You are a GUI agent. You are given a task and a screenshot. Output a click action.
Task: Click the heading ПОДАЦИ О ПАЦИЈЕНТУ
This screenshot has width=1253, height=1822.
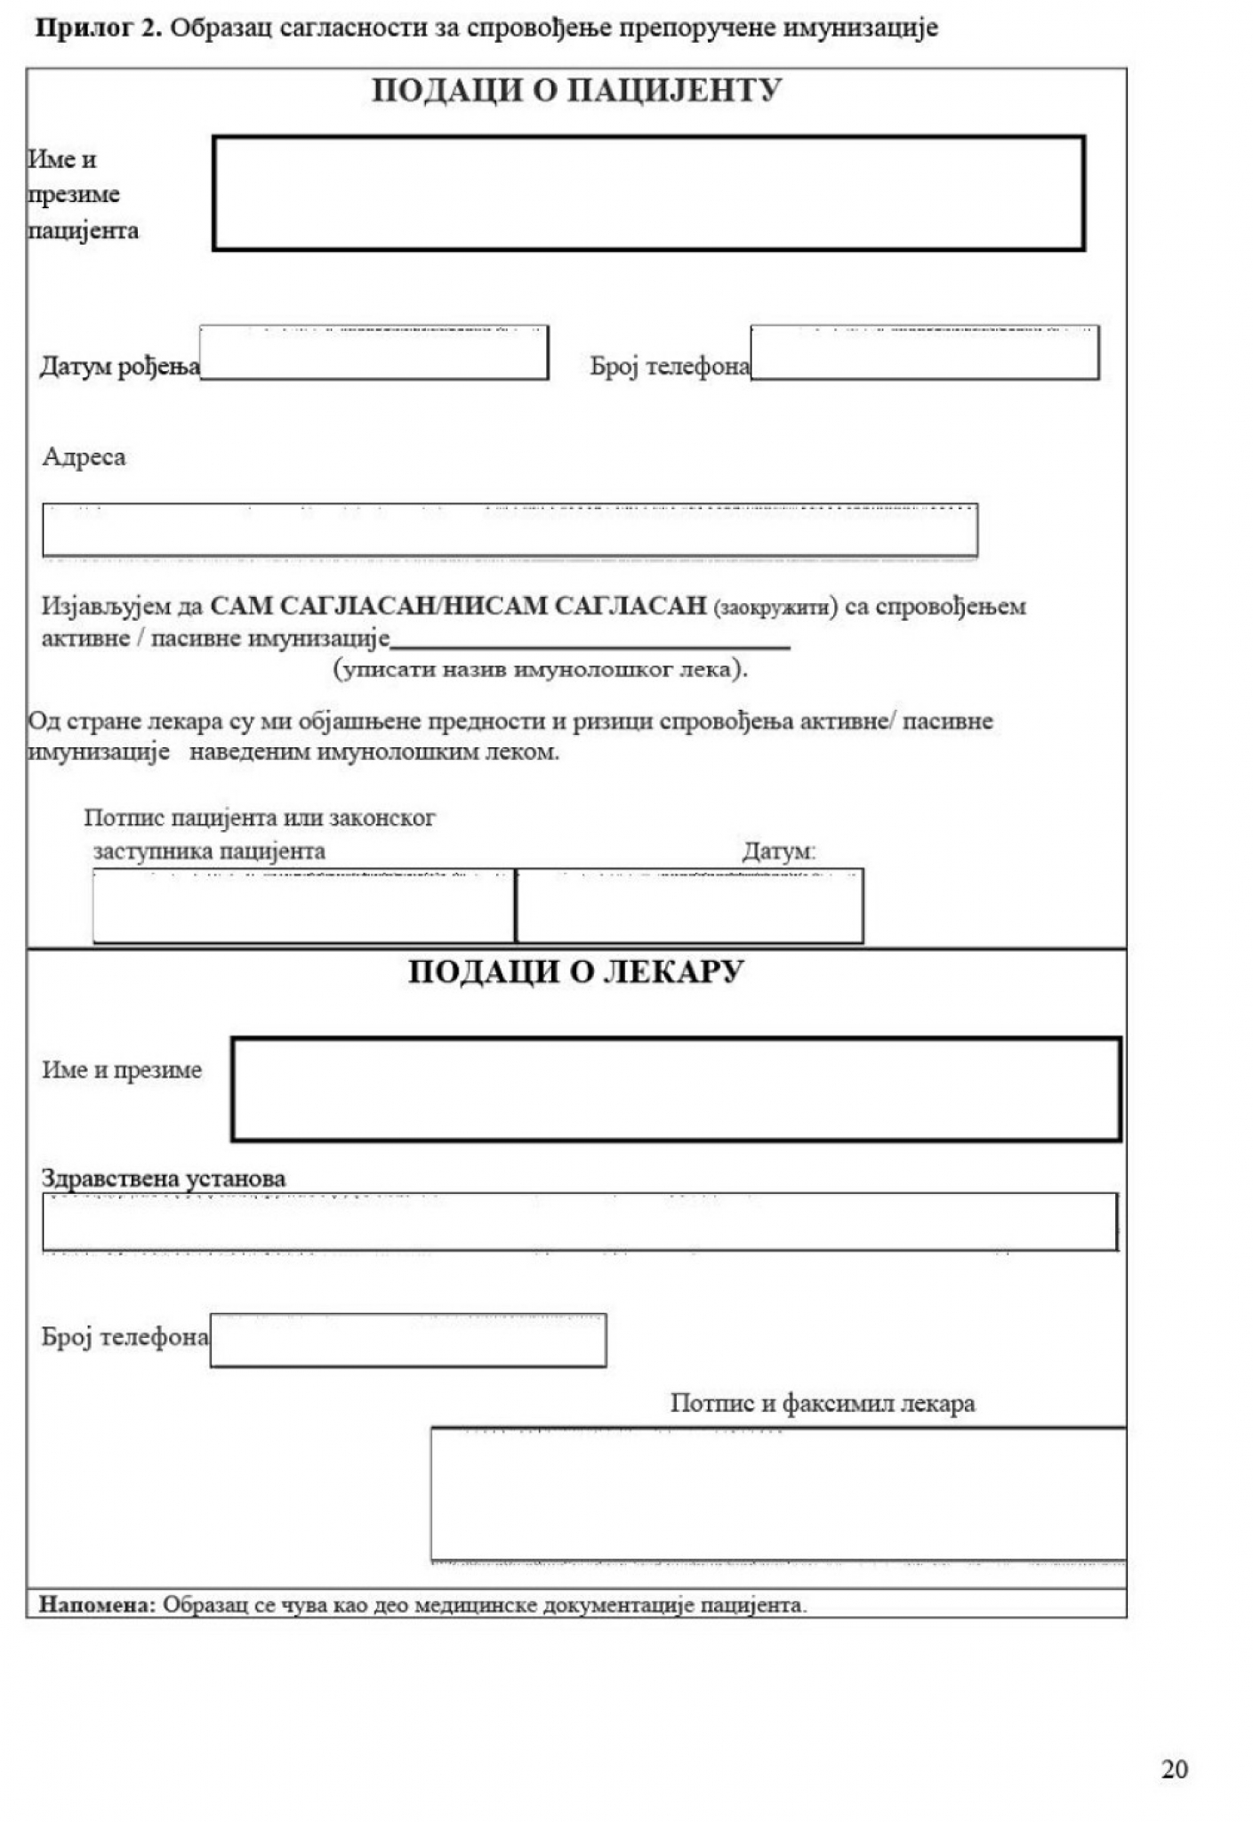pyautogui.click(x=575, y=92)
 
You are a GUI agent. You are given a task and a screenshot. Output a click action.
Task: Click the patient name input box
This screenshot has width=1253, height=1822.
pyautogui.click(x=648, y=193)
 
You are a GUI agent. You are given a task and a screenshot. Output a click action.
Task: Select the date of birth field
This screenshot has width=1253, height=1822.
pyautogui.click(x=373, y=353)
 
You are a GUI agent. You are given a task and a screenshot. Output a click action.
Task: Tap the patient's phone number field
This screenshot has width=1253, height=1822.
pyautogui.click(x=924, y=353)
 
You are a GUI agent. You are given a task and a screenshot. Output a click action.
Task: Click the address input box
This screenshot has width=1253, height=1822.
pyautogui.click(x=510, y=530)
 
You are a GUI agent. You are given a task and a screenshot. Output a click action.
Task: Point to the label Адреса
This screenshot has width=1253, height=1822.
pyautogui.click(x=84, y=457)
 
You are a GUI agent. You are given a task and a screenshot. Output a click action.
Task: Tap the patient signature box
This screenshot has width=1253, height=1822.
pyautogui.click(x=303, y=906)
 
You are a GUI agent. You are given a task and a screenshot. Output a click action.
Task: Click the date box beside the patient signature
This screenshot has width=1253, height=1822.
pyautogui.click(x=689, y=906)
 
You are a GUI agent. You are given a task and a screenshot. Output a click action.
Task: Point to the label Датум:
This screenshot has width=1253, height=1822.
pyautogui.click(x=779, y=851)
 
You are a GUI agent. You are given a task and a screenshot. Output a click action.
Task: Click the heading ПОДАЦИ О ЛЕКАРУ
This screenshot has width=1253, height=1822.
pyautogui.click(x=575, y=971)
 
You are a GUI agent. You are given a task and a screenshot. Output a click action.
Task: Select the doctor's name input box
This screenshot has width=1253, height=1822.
pyautogui.click(x=676, y=1089)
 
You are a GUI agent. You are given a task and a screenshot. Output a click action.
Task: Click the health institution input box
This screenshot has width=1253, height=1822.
pyautogui.click(x=580, y=1221)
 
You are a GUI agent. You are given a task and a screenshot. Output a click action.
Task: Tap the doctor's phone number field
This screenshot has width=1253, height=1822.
pyautogui.click(x=408, y=1340)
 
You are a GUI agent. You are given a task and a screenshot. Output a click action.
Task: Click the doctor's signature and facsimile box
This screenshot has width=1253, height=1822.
pyautogui.click(x=778, y=1494)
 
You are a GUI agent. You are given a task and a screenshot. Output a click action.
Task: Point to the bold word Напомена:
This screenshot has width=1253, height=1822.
pyautogui.click(x=97, y=1605)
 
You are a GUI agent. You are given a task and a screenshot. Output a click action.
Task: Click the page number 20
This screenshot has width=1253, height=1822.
pyautogui.click(x=1174, y=1770)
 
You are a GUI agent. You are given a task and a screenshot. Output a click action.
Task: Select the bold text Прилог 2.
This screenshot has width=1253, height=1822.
pyautogui.click(x=99, y=28)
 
